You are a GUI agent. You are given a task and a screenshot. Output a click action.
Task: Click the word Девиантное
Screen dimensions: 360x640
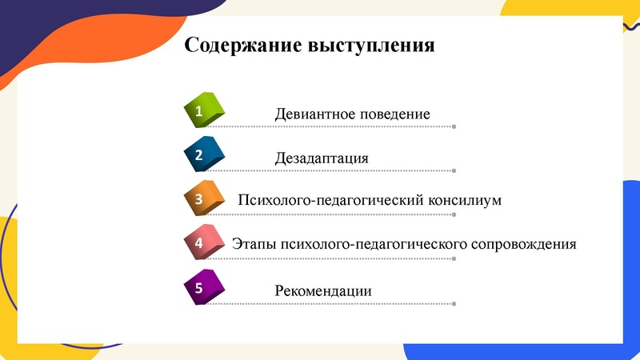pos(315,114)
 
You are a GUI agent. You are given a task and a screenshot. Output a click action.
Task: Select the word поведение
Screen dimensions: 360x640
pos(395,114)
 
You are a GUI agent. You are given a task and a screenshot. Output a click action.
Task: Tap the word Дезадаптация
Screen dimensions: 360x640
pos(322,158)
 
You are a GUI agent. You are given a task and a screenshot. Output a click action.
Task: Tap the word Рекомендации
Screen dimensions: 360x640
pos(323,290)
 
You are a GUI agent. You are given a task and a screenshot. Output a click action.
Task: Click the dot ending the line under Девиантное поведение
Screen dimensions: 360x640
pos(454,126)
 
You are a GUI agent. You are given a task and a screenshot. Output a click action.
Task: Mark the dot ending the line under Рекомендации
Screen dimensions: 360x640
pos(454,303)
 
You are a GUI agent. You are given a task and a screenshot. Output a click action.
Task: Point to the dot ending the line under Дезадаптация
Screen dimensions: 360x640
pos(454,170)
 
